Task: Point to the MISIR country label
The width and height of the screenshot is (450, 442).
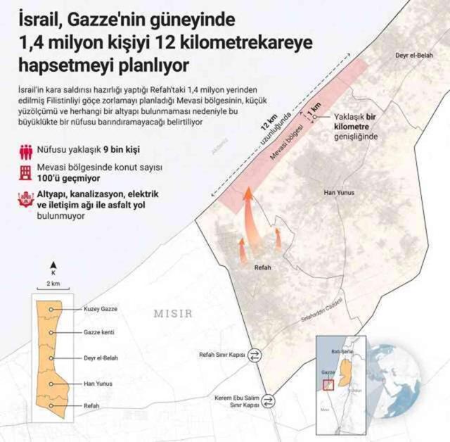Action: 174,313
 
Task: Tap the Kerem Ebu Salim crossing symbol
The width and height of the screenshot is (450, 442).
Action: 269,401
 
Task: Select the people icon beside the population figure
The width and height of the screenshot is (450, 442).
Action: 26,149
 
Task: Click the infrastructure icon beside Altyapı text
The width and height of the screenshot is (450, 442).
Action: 26,199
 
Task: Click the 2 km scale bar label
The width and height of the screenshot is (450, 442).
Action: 53,282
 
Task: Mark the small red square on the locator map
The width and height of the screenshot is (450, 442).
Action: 328,384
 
